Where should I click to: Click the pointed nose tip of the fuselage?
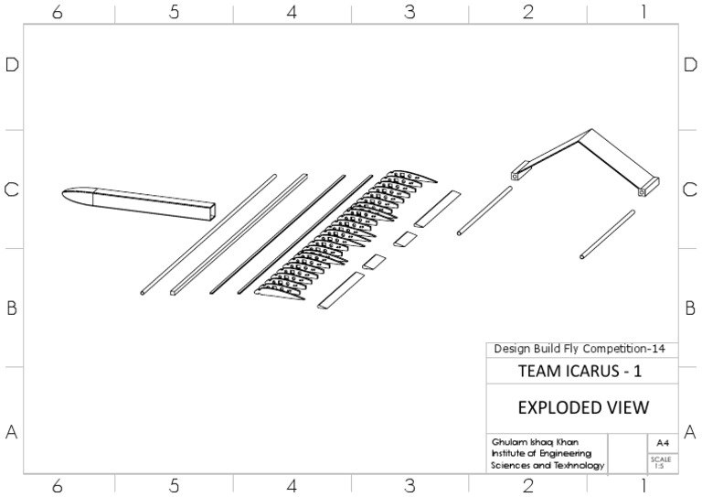click(64, 193)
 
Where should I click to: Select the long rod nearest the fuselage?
click(208, 235)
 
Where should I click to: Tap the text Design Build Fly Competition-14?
click(585, 349)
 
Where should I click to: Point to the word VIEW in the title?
click(630, 406)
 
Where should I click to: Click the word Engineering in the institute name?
click(565, 453)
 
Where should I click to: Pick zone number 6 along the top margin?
click(57, 12)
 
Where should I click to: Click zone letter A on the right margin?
click(690, 431)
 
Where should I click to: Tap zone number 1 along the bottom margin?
click(643, 485)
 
